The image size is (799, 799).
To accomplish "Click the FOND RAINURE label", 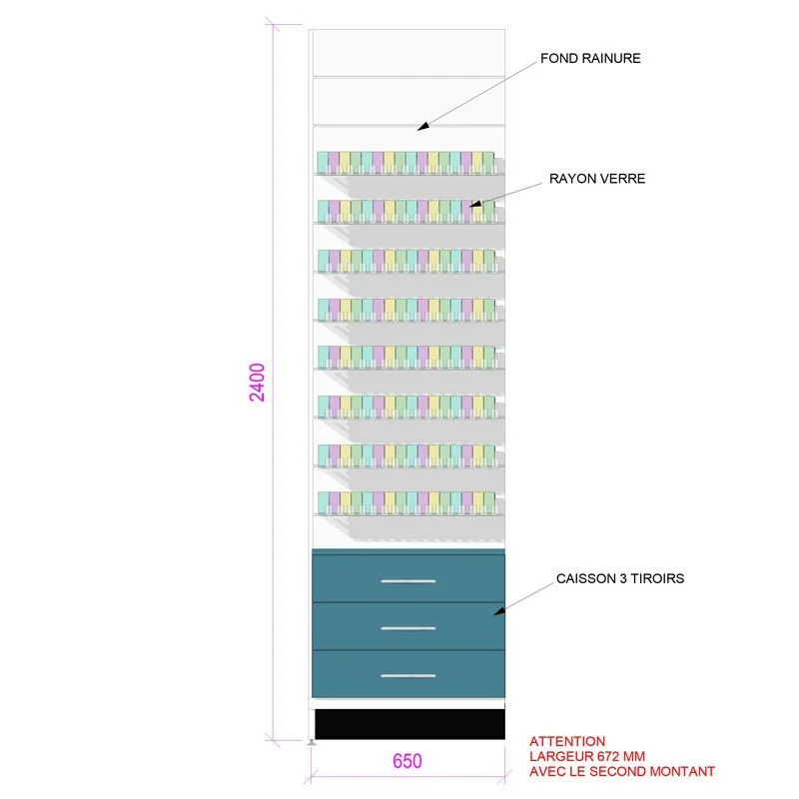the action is coord(590,59).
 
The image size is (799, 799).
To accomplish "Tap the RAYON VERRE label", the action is coord(597,179).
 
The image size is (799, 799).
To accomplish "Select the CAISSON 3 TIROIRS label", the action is coord(619,578).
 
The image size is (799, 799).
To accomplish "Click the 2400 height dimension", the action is coord(258,383).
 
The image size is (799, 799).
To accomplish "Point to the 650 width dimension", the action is coord(406,761).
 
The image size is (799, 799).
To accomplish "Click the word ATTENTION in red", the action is coord(567,741).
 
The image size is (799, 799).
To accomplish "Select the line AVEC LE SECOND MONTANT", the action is coord(622,771).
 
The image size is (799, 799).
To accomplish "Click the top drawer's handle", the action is coord(408,580).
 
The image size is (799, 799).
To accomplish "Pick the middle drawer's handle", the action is coord(408,628).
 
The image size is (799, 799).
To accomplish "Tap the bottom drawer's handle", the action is coord(408,676).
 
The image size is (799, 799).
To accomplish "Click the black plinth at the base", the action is coord(409,724).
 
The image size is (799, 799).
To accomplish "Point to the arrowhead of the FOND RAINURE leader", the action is coord(420,127).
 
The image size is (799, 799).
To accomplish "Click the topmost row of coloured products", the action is coord(405,162).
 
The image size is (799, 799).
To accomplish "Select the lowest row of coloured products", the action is coord(405,501).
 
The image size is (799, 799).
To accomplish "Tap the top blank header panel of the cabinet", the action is coord(409,53).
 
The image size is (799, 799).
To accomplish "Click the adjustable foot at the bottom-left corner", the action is coord(313,740).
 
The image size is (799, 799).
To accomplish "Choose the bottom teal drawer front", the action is coord(408,674).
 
